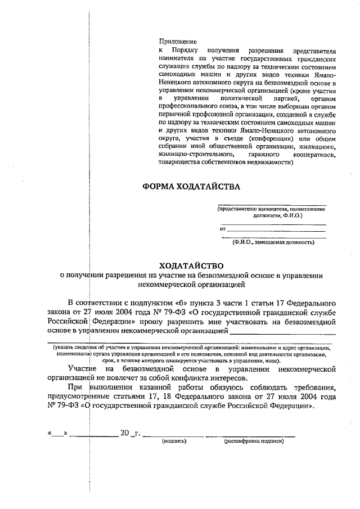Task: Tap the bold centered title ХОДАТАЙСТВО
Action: click(x=191, y=265)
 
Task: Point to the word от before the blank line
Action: click(x=222, y=229)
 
